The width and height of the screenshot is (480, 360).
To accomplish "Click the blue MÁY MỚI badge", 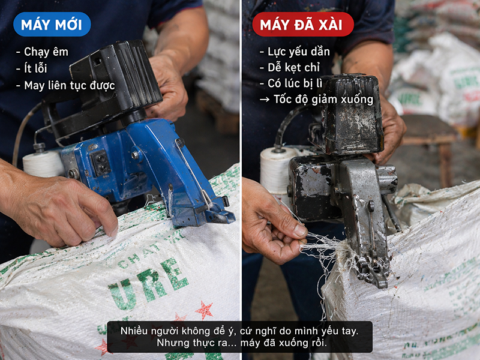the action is [52, 25].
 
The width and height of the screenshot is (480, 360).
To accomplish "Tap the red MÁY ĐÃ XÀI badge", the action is [303, 25].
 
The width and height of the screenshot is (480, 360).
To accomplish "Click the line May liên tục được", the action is [65, 85].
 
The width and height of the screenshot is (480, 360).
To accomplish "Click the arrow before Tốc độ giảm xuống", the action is [265, 100].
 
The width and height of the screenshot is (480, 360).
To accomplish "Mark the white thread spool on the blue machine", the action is [43, 164].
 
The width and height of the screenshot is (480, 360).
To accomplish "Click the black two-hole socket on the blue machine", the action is [100, 163].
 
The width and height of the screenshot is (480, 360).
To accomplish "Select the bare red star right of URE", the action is [204, 310].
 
